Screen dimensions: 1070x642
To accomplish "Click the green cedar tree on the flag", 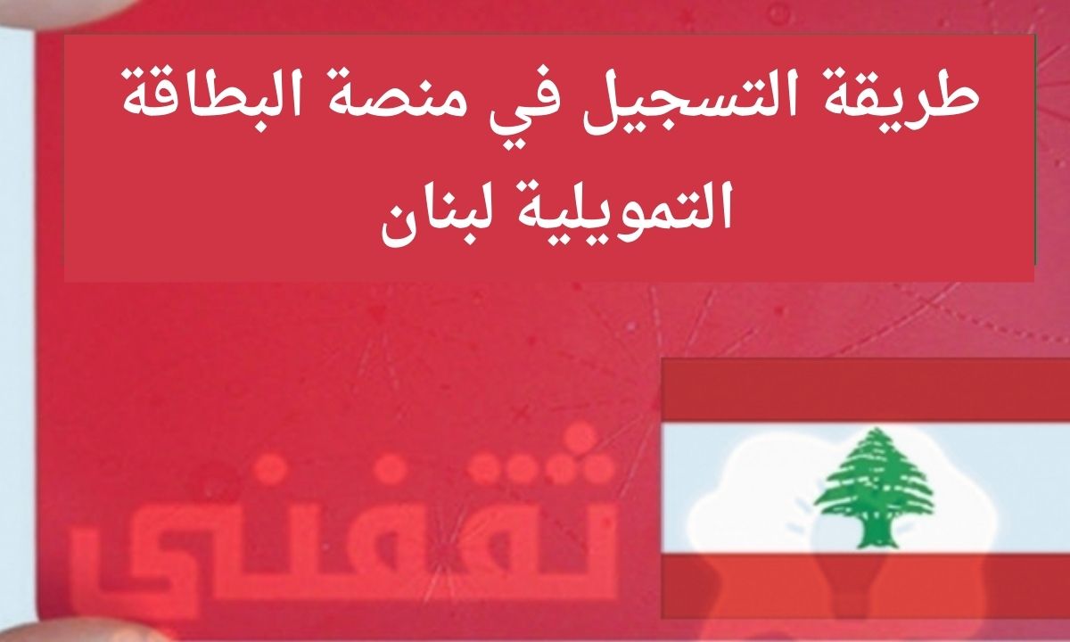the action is [x=874, y=487].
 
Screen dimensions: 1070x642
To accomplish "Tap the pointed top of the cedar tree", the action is [x=875, y=430].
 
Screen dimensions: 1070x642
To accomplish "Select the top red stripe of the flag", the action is [x=866, y=390].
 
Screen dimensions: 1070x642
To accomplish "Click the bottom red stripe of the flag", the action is [x=866, y=587].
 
